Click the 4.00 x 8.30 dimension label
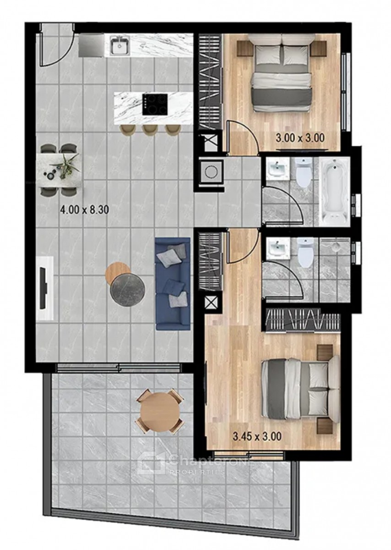tap(85, 210)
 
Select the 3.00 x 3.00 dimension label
tap(300, 138)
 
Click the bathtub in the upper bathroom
tap(334, 192)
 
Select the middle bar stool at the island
tap(150, 130)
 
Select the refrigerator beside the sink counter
tap(92, 45)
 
